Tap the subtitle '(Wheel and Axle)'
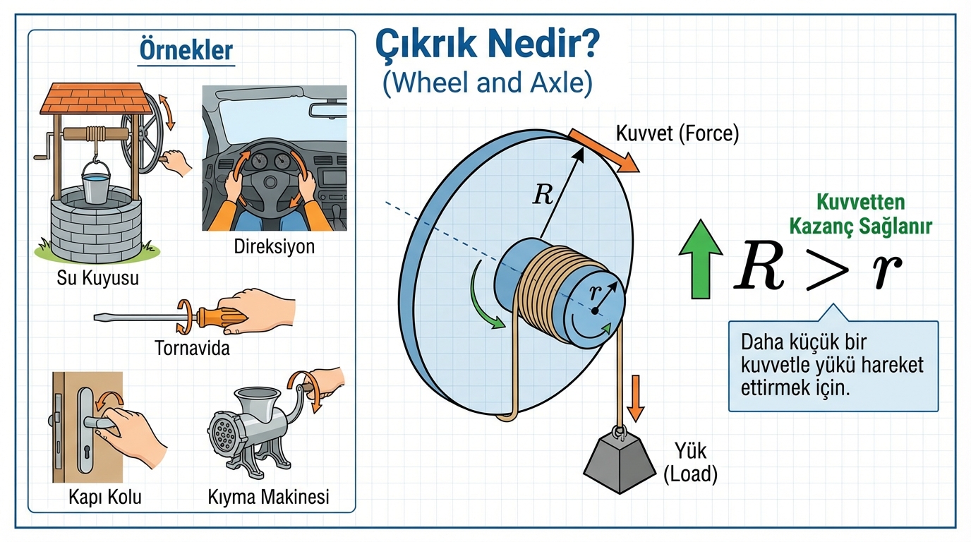(x=487, y=83)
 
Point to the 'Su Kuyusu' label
(x=97, y=278)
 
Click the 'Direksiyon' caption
(x=275, y=247)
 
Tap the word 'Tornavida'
(x=192, y=348)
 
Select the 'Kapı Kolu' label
(x=105, y=496)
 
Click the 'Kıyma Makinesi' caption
(x=269, y=497)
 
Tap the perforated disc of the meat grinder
(x=224, y=430)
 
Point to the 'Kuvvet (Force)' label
(x=677, y=133)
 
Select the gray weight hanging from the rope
(x=620, y=462)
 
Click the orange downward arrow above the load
(x=635, y=397)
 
